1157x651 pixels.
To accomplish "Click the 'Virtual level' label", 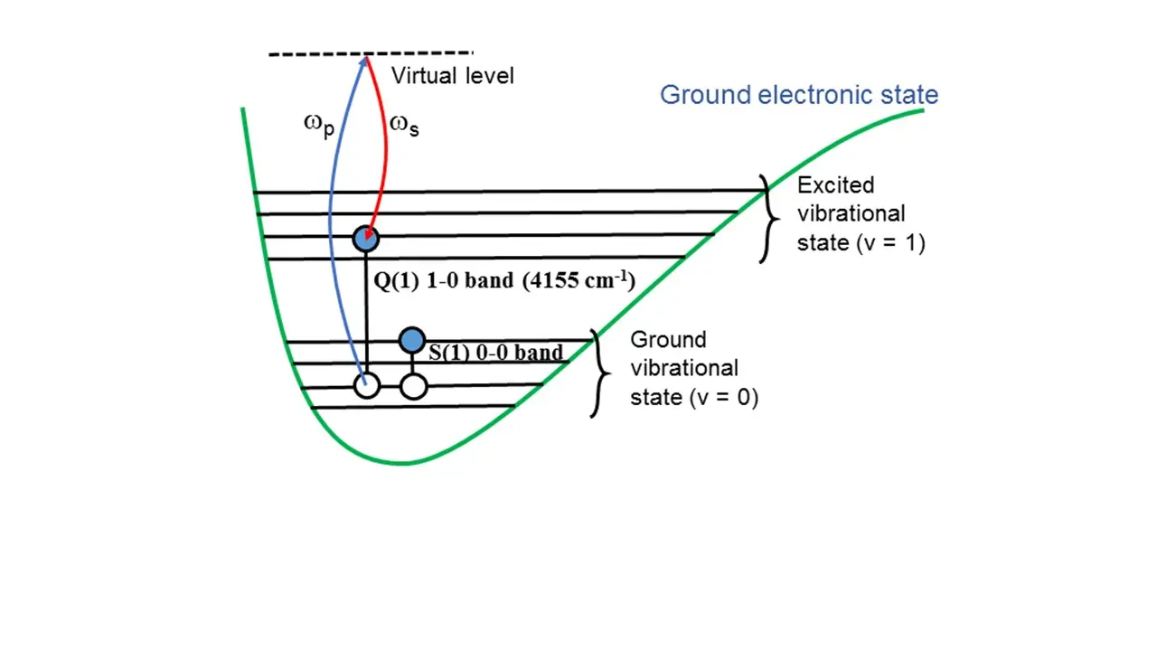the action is [453, 75].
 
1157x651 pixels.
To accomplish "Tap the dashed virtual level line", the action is [371, 53].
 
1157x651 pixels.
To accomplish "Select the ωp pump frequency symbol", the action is [319, 126].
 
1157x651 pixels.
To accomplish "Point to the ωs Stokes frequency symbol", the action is [404, 125].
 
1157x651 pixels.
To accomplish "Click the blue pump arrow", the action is [331, 217].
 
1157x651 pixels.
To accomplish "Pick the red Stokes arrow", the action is [385, 150].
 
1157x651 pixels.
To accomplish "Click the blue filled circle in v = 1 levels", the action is [366, 239].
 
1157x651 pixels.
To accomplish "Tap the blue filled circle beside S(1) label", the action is [412, 340].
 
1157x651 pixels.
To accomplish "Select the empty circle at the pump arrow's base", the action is [367, 386].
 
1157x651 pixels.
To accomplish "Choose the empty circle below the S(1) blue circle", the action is [414, 386].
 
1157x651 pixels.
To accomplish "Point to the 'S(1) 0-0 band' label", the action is [496, 353].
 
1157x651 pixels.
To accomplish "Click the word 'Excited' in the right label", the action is [835, 185].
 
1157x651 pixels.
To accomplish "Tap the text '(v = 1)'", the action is [890, 243].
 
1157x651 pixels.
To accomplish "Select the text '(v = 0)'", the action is [724, 397].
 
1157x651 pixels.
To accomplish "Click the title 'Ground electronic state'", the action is [798, 95].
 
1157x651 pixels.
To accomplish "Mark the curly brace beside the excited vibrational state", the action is [769, 219].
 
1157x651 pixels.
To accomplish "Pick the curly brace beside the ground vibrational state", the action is [601, 373].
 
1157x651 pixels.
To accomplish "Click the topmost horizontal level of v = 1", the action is [509, 191].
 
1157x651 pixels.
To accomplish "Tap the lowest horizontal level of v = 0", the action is [413, 407].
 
